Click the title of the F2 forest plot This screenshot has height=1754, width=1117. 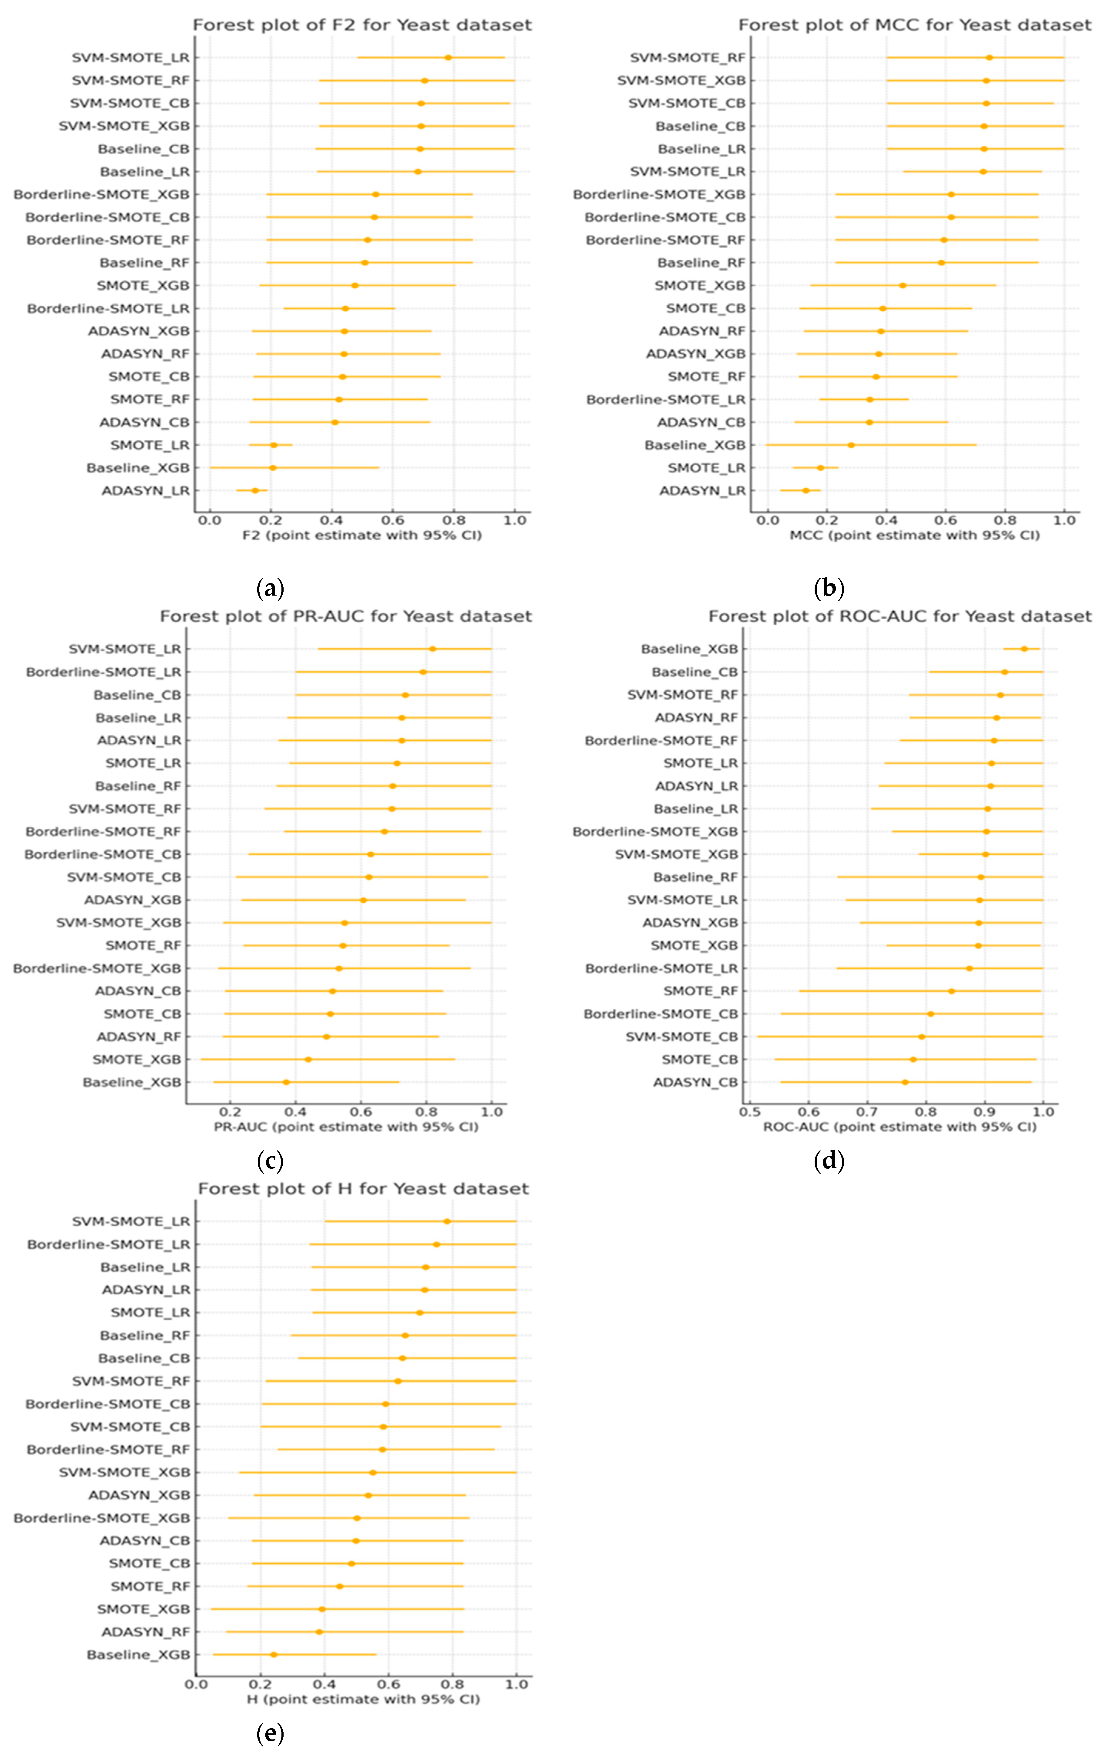click(362, 25)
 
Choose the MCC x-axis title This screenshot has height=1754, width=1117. click(914, 535)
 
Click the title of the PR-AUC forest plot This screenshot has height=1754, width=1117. click(346, 616)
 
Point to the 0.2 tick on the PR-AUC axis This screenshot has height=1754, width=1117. click(230, 1112)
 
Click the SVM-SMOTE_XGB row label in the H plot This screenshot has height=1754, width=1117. click(125, 1472)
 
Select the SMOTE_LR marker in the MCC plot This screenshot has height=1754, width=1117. click(820, 468)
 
